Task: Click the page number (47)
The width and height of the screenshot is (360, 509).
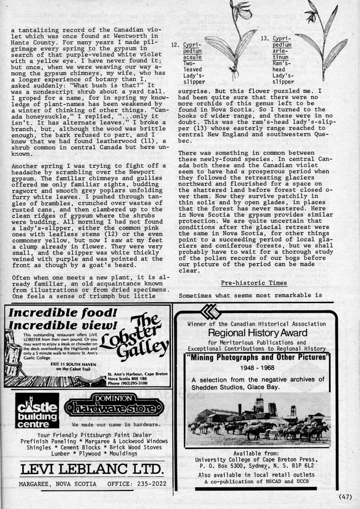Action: click(345, 496)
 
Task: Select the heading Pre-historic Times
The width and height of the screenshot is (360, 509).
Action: click(254, 283)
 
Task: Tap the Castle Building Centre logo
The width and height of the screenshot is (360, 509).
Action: click(37, 410)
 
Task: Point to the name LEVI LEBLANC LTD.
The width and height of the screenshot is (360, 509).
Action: click(91, 469)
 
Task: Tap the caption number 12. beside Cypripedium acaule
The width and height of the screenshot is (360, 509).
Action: click(176, 45)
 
